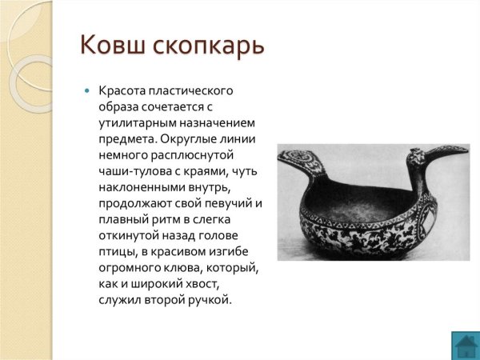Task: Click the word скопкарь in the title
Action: [206, 46]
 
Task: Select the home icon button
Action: [465, 345]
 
